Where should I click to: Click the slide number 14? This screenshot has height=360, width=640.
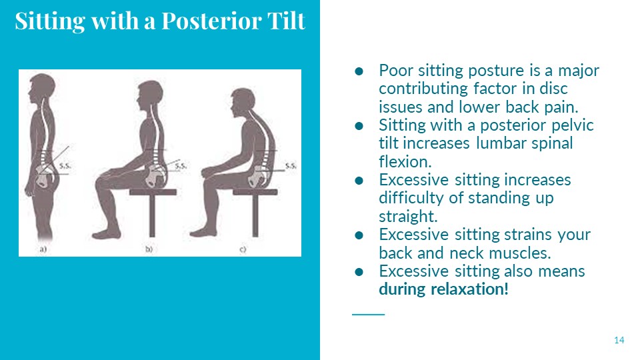pyautogui.click(x=619, y=340)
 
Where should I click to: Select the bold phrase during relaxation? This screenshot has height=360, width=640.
pyautogui.click(x=444, y=289)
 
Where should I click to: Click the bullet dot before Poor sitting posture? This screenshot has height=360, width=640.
pyautogui.click(x=359, y=71)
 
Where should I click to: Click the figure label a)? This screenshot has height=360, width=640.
pyautogui.click(x=43, y=249)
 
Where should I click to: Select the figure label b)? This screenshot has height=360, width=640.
pyautogui.click(x=149, y=249)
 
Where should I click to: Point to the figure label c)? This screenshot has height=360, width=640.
pyautogui.click(x=243, y=249)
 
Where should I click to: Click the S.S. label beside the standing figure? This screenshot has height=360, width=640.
pyautogui.click(x=65, y=166)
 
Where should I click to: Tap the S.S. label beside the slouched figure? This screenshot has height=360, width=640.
pyautogui.click(x=291, y=166)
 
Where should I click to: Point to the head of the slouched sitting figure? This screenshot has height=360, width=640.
pyautogui.click(x=243, y=102)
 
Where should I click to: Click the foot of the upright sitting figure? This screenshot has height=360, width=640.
pyautogui.click(x=107, y=234)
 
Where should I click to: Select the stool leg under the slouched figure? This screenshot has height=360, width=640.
pyautogui.click(x=255, y=215)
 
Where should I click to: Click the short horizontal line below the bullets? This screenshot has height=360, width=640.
pyautogui.click(x=368, y=314)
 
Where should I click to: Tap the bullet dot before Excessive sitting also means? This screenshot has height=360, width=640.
pyautogui.click(x=359, y=272)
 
